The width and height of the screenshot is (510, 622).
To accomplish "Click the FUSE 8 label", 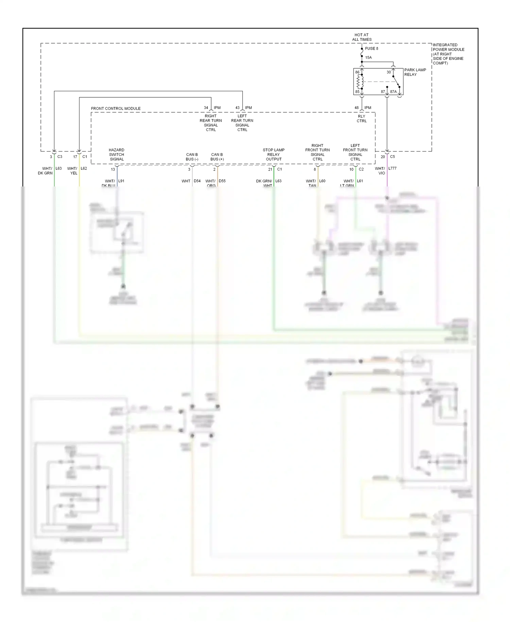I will (x=371, y=49).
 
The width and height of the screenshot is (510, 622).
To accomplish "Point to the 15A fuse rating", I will (x=368, y=58).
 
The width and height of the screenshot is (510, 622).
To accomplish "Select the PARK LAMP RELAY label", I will (x=415, y=72).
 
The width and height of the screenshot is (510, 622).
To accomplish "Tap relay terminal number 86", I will (x=357, y=72).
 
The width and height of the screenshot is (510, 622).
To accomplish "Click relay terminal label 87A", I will (x=393, y=92).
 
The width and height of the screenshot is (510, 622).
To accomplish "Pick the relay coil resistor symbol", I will (x=358, y=82).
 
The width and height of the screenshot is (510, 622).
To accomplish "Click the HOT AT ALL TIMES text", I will (x=361, y=37).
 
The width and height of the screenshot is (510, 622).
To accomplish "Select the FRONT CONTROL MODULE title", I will (x=116, y=109).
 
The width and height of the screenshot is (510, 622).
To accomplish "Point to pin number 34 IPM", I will (x=206, y=108).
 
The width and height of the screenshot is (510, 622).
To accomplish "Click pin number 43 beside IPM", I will (x=237, y=108).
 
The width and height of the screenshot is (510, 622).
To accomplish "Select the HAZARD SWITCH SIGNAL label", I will (x=117, y=154).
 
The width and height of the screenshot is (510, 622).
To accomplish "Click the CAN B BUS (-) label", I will (x=192, y=157).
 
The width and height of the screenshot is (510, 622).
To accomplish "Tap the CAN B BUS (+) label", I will (x=217, y=157).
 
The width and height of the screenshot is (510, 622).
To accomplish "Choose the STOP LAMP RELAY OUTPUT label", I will (x=274, y=154).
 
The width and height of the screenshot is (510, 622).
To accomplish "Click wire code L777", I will (x=392, y=168).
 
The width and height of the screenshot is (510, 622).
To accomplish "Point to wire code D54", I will (x=197, y=181).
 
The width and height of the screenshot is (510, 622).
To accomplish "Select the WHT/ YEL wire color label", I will (x=72, y=171).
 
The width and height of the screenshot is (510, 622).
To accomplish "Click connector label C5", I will (x=392, y=157).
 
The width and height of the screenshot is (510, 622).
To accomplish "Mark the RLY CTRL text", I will (x=361, y=119).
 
